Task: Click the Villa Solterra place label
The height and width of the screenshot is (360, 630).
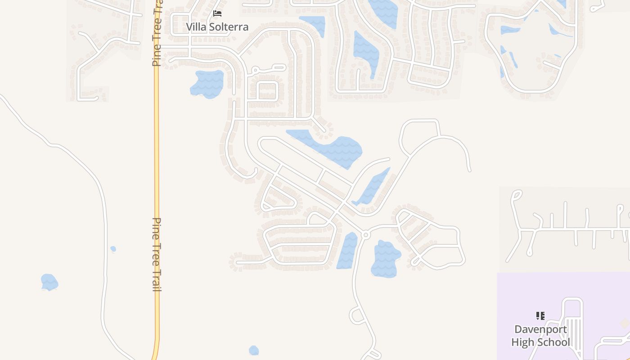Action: pos(217,27)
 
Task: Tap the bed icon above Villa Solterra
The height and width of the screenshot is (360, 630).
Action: pos(217,13)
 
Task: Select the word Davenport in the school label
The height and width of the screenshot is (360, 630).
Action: pos(540,329)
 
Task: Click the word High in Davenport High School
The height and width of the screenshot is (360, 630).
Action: pos(523,342)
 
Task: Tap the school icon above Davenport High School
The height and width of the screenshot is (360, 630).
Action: pos(540,316)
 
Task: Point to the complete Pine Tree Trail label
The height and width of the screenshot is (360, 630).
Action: pos(157,255)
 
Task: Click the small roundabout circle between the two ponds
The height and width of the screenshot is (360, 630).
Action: pos(365,234)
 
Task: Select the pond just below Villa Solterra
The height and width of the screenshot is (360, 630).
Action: pos(207,84)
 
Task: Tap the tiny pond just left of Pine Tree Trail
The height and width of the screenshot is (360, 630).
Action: pos(113,249)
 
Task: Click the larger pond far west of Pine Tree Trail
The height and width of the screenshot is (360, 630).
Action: pos(49,282)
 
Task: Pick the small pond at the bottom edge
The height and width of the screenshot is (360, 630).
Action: pos(254,350)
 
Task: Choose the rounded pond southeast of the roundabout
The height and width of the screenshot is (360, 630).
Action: pos(385,259)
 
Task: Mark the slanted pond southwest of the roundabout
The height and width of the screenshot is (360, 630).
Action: pos(346,251)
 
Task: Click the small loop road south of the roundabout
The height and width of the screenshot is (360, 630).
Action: pos(357,315)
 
